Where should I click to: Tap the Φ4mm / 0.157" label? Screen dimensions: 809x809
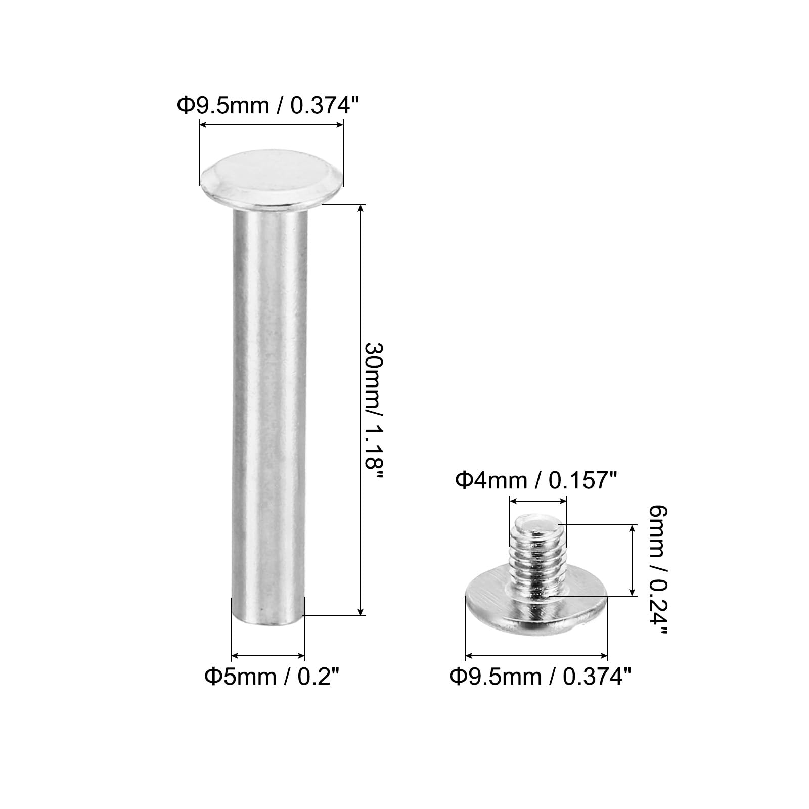point(536,480)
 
